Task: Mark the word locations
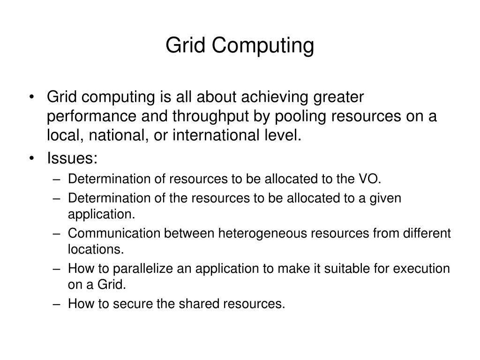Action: coord(96,249)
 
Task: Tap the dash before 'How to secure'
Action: coord(57,304)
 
